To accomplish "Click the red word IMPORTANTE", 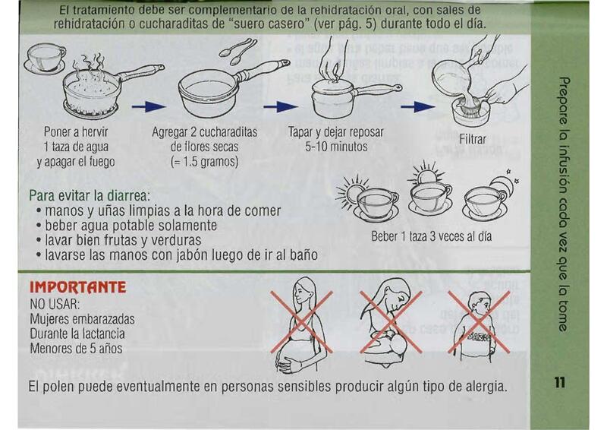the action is point(78,287).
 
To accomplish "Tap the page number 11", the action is point(559,382).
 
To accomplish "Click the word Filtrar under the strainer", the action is point(472,139).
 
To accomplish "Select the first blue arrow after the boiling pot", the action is point(149,106).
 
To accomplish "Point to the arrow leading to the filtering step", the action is point(418,106).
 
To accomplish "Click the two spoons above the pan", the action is point(237,51).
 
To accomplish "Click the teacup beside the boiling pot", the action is point(46,58).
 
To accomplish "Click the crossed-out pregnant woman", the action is point(300,323).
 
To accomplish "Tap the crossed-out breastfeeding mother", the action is point(390,322).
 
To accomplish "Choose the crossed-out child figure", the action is point(479,323).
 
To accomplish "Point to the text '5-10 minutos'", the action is point(336,147).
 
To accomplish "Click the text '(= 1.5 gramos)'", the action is point(204,161).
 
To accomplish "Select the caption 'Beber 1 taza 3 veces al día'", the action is point(431,236).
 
